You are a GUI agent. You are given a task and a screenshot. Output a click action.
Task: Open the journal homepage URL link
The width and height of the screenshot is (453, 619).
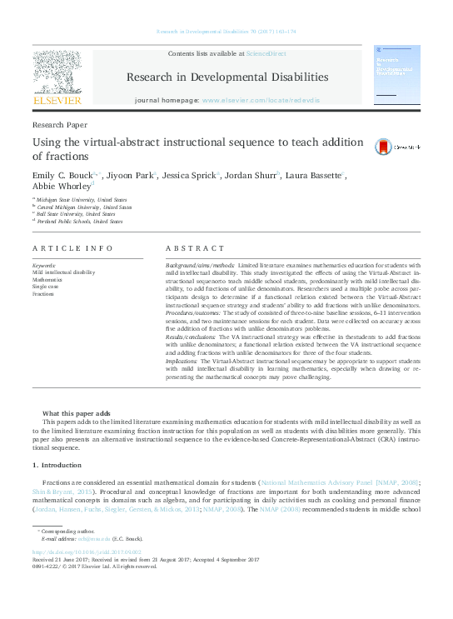[x=261, y=100]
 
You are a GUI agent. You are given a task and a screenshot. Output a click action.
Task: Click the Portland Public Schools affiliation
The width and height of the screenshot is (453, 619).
[x=80, y=222]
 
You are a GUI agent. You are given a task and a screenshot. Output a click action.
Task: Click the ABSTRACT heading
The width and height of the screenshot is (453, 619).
[x=195, y=248]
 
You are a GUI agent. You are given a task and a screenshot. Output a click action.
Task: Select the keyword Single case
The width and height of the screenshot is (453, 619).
[x=46, y=286]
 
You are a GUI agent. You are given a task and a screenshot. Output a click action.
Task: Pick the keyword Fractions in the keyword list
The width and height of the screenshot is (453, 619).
[x=43, y=293]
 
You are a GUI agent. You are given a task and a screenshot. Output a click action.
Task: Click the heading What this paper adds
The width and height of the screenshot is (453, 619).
[x=75, y=414]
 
